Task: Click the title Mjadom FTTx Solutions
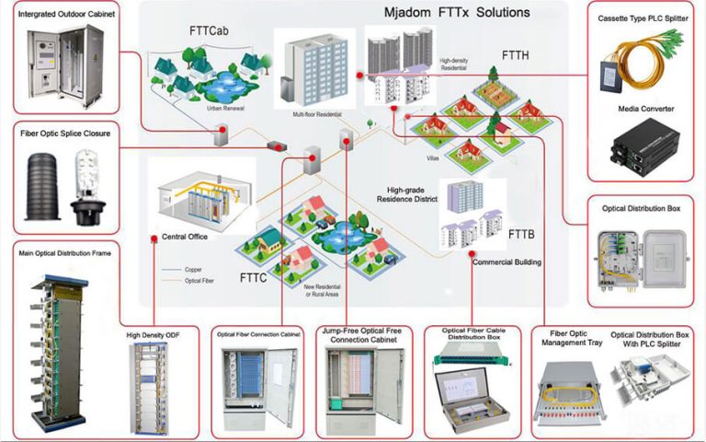[457, 13]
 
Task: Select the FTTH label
[515, 54]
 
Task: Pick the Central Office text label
[185, 237]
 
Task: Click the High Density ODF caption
[154, 336]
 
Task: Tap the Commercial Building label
[507, 262]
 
